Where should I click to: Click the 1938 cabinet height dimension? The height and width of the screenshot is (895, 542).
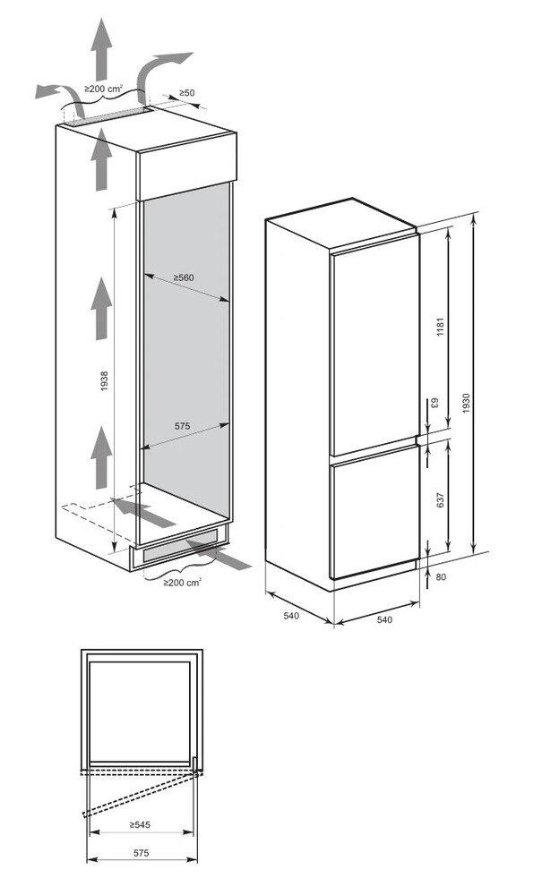[103, 380]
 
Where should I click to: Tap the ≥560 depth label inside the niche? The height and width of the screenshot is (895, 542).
[184, 278]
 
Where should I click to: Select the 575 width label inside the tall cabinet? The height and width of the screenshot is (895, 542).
[182, 426]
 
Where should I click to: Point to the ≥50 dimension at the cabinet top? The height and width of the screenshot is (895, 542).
[186, 92]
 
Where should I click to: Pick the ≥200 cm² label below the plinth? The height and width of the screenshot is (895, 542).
[182, 583]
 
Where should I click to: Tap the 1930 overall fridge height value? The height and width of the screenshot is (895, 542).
[466, 404]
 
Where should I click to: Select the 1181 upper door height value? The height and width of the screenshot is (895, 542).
[440, 327]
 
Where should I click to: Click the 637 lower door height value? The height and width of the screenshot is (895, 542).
[439, 500]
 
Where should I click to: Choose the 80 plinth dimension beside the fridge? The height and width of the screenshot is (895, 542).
[441, 576]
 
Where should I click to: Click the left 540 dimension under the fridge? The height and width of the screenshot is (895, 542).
[291, 616]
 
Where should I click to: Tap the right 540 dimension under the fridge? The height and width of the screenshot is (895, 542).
[385, 620]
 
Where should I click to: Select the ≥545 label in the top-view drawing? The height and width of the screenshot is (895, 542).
[140, 824]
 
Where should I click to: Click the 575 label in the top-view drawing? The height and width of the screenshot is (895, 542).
[141, 853]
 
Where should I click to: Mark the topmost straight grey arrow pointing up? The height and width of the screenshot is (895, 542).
[103, 49]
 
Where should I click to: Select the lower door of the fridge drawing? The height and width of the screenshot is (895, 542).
[374, 512]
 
